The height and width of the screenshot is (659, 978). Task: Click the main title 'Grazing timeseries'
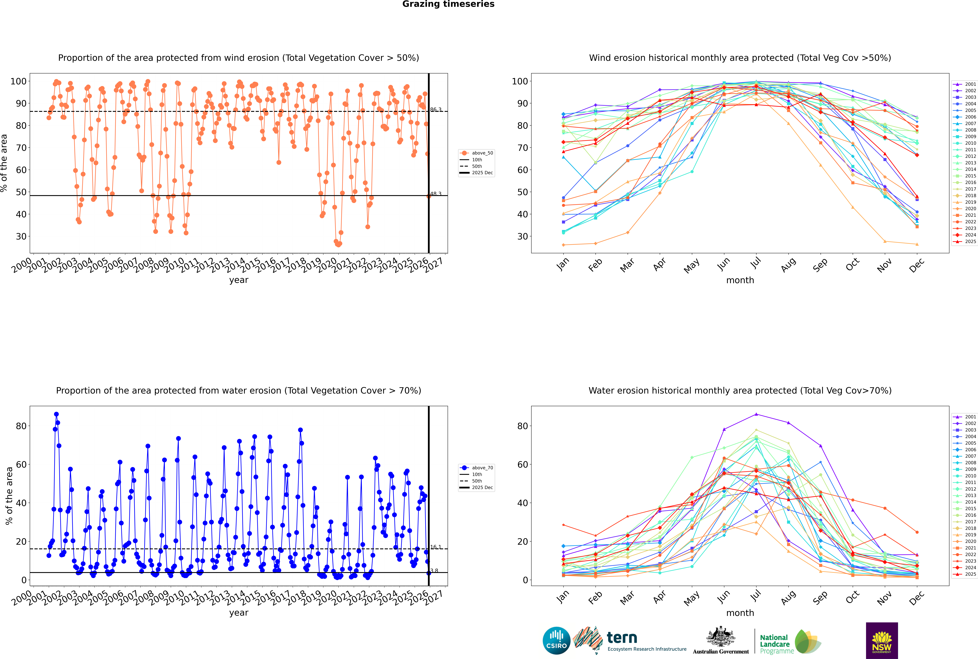point(448,4)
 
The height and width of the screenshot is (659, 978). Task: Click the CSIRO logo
point(556,641)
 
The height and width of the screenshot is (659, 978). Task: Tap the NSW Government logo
point(882,640)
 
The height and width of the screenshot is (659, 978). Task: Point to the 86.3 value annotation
point(436,110)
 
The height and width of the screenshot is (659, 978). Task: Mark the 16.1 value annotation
point(436,547)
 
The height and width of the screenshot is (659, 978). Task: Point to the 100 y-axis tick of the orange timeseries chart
point(18,81)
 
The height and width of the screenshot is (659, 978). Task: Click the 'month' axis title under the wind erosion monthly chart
point(740,280)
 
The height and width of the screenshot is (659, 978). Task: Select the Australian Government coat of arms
point(721,638)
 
